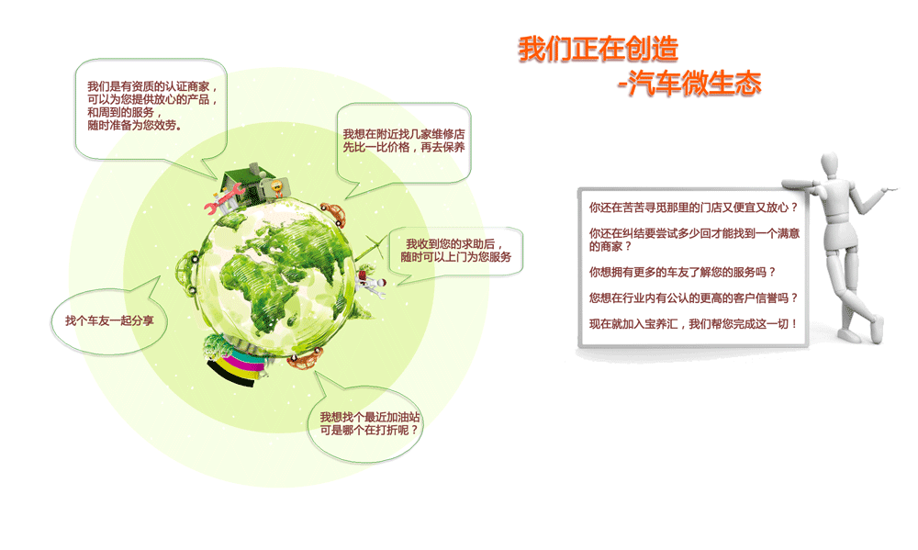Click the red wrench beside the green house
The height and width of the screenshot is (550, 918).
pos(225,197)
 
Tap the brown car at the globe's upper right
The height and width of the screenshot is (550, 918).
pos(335,213)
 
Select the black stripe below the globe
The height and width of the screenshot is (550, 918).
pos(230,375)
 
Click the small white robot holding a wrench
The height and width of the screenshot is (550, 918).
pos(370,283)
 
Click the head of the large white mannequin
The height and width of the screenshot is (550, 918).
pos(831,165)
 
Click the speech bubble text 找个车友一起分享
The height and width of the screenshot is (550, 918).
pos(109,321)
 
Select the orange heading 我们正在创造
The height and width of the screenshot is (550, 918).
pos(598,49)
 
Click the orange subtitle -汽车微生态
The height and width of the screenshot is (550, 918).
pos(689,83)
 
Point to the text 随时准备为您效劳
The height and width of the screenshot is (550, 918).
pos(134,126)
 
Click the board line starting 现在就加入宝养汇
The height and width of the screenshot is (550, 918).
pos(693,324)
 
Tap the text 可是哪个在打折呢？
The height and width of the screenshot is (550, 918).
pos(369,430)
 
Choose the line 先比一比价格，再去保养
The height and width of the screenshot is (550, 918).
pos(404,147)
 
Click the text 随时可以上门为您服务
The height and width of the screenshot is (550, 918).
pos(456,256)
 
